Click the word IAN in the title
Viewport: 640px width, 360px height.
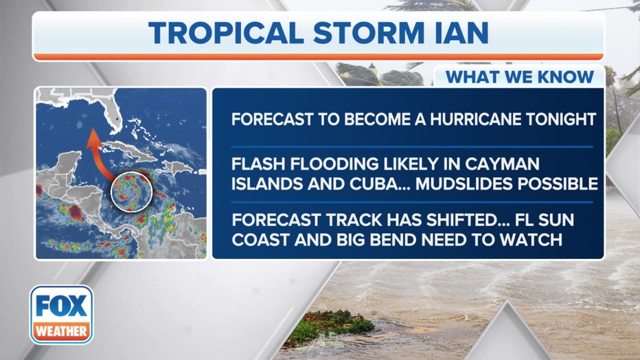pyautogui.click(x=461, y=33)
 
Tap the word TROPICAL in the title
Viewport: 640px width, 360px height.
pyautogui.click(x=226, y=33)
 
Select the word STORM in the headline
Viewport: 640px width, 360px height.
pyautogui.click(x=369, y=33)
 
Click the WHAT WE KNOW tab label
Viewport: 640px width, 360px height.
pyautogui.click(x=520, y=77)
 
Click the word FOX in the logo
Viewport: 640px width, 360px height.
pyautogui.click(x=62, y=306)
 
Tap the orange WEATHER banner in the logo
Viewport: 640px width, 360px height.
pyautogui.click(x=62, y=330)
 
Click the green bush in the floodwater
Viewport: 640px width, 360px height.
pyautogui.click(x=332, y=324)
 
